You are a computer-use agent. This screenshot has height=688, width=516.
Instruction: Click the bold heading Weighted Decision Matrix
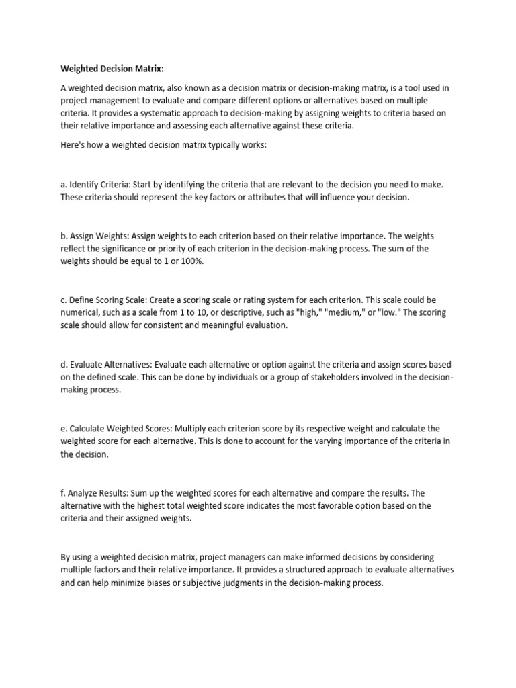tap(111, 68)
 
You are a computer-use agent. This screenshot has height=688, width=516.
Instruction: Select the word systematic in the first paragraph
tap(159, 113)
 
